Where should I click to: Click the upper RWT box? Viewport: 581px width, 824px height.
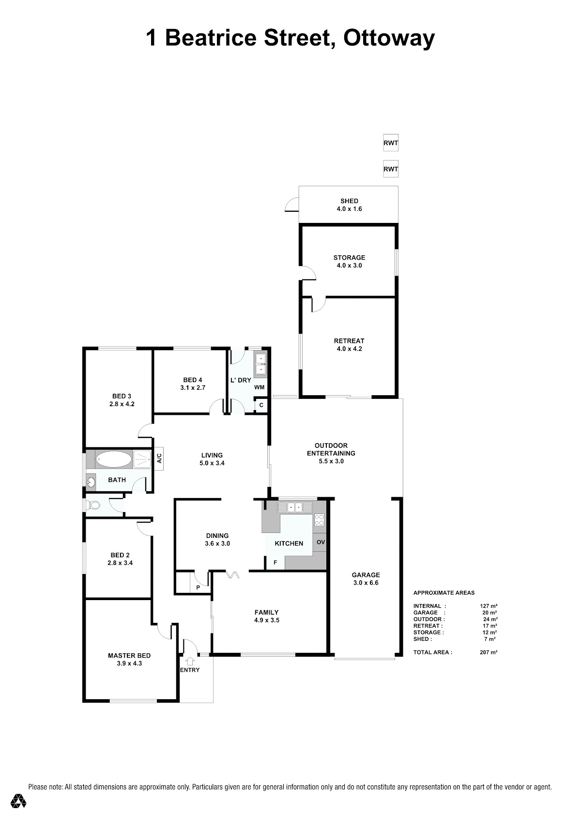point(391,143)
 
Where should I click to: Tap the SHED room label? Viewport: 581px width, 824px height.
point(349,201)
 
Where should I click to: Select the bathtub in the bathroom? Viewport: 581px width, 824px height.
point(113,459)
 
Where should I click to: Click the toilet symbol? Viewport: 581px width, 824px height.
point(93,505)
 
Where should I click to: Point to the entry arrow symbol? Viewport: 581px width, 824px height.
point(190,661)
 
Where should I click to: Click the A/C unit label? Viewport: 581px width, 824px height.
point(159,458)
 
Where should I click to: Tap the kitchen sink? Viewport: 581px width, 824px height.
point(295,508)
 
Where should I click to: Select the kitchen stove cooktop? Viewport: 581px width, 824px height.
point(320,520)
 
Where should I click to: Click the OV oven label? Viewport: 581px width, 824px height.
point(321,542)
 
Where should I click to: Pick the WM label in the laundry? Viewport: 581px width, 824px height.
point(259,387)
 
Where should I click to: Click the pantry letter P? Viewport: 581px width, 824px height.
point(198,588)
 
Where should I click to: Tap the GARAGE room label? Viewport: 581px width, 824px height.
point(366,574)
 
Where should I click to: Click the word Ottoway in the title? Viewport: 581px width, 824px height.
point(389,38)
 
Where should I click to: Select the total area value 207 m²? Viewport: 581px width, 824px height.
point(488,652)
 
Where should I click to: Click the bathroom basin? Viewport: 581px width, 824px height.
point(90,482)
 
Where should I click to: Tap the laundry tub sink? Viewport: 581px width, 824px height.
point(260,364)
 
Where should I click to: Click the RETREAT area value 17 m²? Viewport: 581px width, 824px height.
point(490,626)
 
